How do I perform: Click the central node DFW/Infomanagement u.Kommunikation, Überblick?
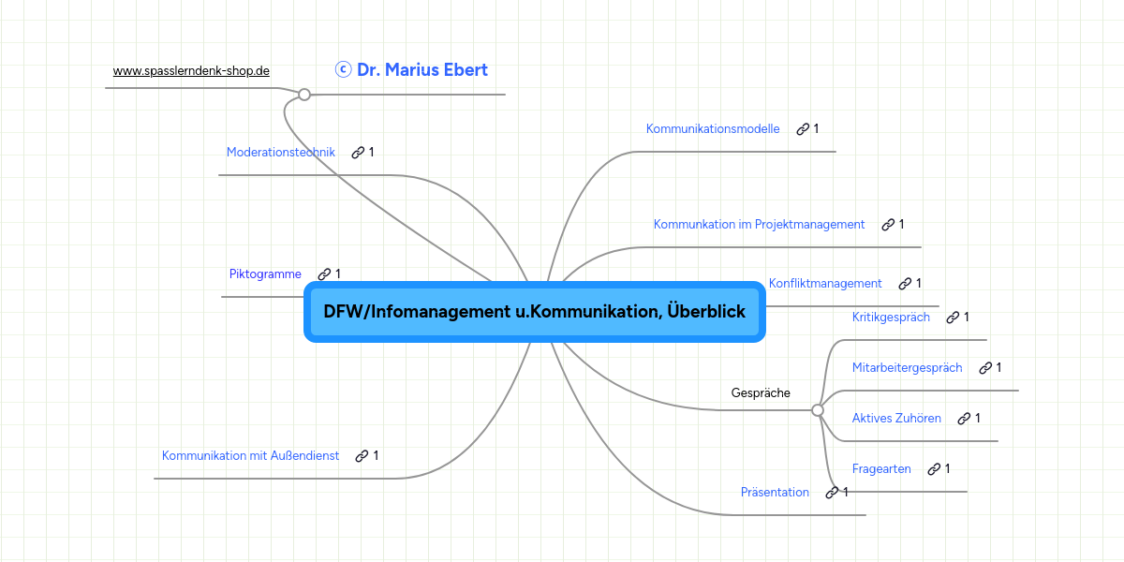point(534,312)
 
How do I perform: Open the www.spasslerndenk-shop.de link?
point(191,70)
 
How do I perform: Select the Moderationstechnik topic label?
point(280,152)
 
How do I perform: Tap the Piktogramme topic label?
point(265,274)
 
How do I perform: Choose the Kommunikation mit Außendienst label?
point(250,455)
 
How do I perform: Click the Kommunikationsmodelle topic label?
point(713,128)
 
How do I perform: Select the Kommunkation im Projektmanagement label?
point(759,224)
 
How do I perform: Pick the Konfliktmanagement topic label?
point(825,283)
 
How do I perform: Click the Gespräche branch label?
point(761,392)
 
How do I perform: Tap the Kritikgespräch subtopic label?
point(891,317)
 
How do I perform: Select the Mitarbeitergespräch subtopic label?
point(907,367)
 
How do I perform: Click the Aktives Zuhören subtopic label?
point(896,418)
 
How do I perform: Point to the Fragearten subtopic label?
point(881,468)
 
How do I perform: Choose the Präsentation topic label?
point(775,492)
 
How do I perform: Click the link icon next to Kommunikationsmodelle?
point(803,129)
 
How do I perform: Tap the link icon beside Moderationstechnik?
point(358,153)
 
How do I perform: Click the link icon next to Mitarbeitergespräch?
point(985,368)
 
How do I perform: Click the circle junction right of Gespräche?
point(818,410)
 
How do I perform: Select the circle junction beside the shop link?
point(304,94)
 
